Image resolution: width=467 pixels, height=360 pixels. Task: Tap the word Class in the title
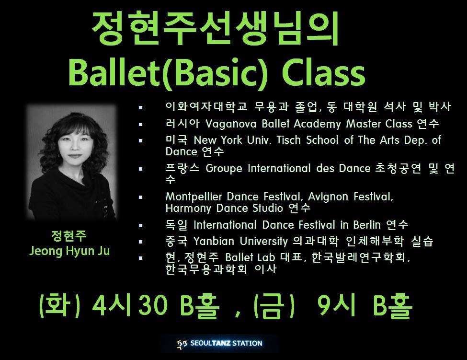tap(324, 72)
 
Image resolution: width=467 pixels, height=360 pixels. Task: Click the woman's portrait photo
tap(71, 163)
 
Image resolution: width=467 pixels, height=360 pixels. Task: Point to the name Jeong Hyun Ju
tap(69, 251)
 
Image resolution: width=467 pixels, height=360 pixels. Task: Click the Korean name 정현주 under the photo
tap(69, 236)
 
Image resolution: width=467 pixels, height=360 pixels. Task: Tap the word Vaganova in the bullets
tap(231, 124)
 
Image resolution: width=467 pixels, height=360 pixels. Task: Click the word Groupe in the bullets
tap(224, 169)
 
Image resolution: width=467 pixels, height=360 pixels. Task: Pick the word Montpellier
tap(194, 197)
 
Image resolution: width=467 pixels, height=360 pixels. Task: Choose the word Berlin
tap(367, 225)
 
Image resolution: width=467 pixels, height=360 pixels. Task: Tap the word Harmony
tap(188, 209)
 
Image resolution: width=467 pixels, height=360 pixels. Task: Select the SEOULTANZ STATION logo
tap(219, 343)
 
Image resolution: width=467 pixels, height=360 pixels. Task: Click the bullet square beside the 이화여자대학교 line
tap(140, 107)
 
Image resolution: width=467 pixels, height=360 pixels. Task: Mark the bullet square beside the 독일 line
tap(140, 225)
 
